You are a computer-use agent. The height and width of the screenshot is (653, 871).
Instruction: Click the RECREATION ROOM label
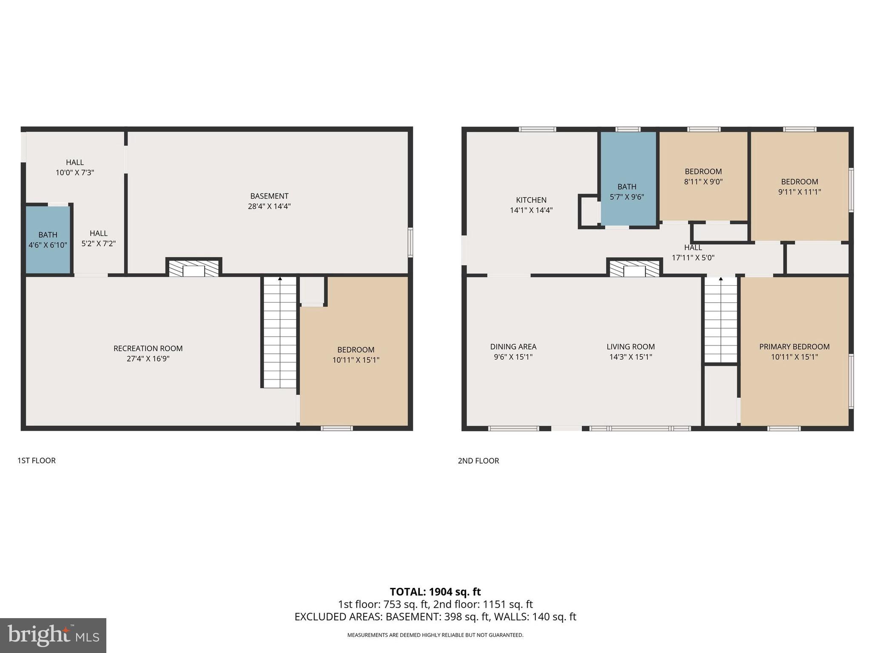(148, 348)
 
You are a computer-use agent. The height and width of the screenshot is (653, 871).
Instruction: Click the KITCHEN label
(531, 200)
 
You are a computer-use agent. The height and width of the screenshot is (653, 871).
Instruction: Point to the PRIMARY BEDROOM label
(794, 346)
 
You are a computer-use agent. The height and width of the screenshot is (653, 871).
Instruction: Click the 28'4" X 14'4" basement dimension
(269, 207)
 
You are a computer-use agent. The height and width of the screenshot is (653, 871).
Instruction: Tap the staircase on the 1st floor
(279, 332)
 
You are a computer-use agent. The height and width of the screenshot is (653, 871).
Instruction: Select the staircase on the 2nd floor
(720, 319)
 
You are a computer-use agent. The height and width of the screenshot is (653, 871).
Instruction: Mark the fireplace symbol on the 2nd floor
(634, 269)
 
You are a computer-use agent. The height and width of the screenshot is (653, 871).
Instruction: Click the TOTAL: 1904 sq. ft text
(435, 592)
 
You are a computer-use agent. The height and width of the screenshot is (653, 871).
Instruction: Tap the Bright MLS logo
(53, 635)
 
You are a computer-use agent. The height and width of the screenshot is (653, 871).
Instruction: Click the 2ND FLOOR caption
(478, 461)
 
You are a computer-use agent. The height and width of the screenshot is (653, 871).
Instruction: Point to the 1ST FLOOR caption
(37, 460)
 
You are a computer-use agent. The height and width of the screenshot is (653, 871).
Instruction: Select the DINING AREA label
(513, 346)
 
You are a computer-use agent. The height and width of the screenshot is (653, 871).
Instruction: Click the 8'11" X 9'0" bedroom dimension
(703, 182)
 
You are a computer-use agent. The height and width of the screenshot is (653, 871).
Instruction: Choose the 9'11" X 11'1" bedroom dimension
(799, 192)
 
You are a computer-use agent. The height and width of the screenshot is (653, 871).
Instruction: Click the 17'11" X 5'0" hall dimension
(693, 258)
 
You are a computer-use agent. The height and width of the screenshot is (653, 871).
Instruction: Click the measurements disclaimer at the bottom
(435, 635)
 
